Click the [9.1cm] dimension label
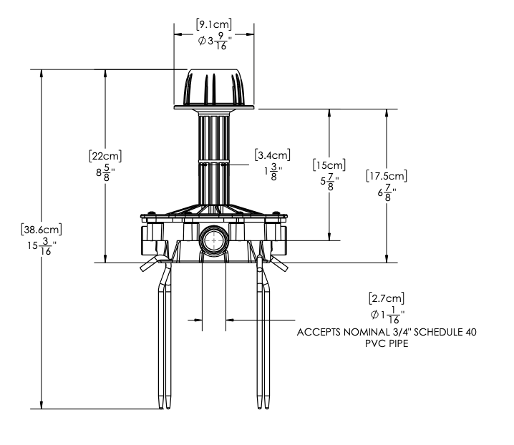(x=214, y=24)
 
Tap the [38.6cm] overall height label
(x=42, y=230)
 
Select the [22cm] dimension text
(x=105, y=156)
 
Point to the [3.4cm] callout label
(x=273, y=155)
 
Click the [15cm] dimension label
(x=329, y=165)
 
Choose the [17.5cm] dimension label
(x=387, y=176)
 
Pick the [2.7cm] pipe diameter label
(x=387, y=298)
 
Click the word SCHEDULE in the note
(x=437, y=332)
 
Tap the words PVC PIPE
(x=387, y=343)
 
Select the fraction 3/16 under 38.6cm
(x=46, y=246)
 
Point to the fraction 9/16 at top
(x=221, y=41)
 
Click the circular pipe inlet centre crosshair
(x=214, y=240)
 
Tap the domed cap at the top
(x=214, y=88)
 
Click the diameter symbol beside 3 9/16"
(x=202, y=41)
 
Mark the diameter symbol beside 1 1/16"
(x=374, y=315)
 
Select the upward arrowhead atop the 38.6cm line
(x=42, y=74)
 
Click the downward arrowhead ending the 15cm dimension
(x=329, y=236)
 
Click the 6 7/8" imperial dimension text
(x=387, y=192)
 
